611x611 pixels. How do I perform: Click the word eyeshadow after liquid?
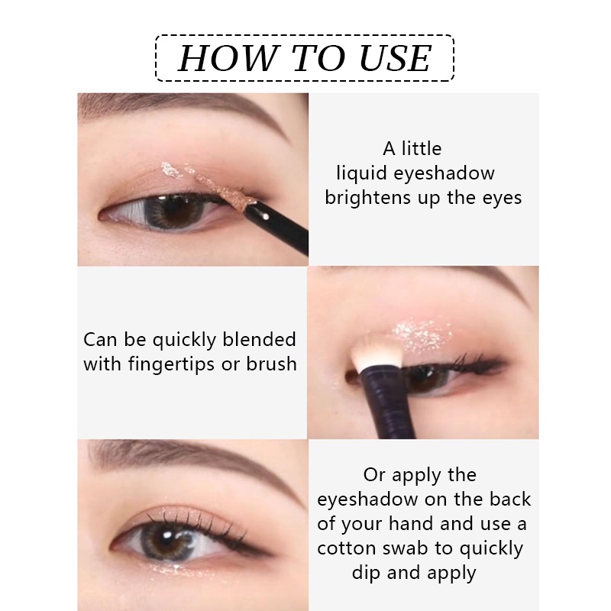coord(444,173)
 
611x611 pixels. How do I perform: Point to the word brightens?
coord(367,197)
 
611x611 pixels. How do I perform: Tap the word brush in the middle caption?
coord(271,364)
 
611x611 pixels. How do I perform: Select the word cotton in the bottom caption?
coord(346,548)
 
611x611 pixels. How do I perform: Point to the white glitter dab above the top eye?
coord(171,170)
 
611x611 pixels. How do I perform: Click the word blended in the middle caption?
coord(259,339)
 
